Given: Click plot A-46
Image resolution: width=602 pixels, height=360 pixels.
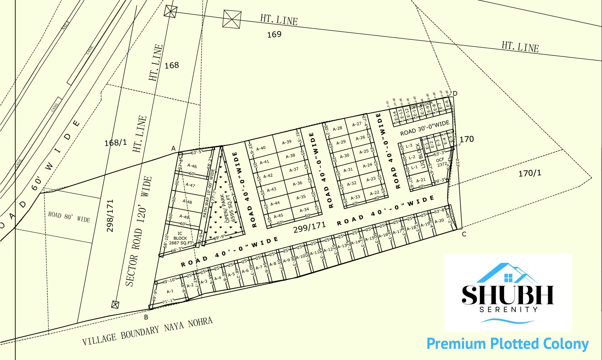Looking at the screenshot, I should [192, 166].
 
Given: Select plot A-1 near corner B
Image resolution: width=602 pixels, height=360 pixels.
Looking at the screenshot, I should [170, 291].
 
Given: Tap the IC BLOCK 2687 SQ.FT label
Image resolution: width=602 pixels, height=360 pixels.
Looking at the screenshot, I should [180, 238].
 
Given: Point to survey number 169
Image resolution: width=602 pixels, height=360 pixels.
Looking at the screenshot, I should [274, 34].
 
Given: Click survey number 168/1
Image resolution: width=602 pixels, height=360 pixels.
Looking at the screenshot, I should [116, 143].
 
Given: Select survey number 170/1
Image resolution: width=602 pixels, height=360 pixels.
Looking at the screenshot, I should [530, 173].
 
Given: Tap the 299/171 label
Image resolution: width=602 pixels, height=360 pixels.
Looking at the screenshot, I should [309, 227].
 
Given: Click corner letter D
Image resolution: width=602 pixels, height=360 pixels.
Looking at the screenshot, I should [455, 93].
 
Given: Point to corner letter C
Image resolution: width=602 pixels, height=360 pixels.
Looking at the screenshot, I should [464, 234].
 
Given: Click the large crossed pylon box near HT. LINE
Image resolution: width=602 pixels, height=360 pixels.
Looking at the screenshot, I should [232, 19].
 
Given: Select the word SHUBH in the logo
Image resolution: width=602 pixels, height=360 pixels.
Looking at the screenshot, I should [508, 295].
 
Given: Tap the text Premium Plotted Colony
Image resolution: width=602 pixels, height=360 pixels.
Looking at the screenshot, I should [507, 344].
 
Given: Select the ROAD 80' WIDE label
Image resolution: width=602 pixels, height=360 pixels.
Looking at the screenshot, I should [69, 217].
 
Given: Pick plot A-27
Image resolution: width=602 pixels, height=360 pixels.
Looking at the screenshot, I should [356, 124].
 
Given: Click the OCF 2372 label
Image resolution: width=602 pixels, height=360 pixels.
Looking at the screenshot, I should [441, 162].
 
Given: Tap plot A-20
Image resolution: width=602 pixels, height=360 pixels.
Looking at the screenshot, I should [439, 221].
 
